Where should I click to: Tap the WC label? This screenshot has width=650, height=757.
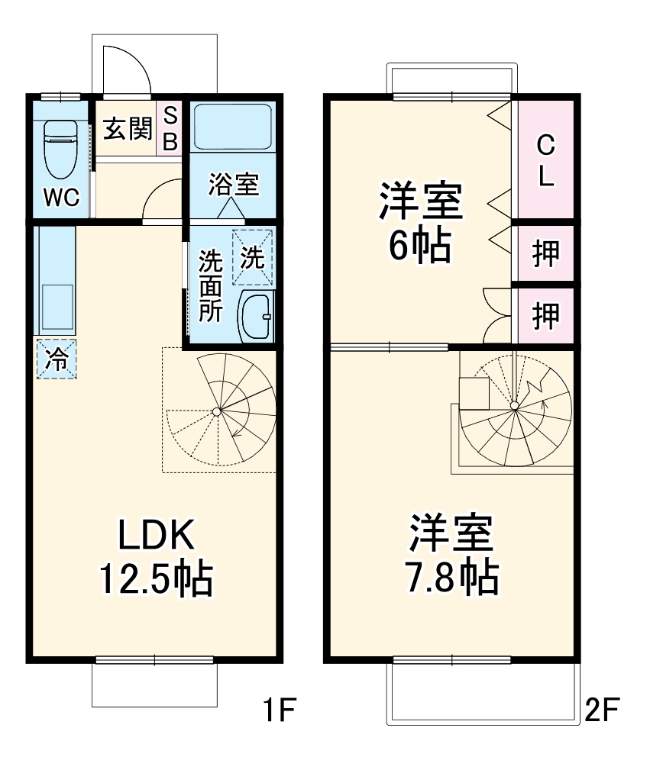click(x=60, y=198)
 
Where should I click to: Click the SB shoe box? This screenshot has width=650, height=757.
click(x=170, y=129)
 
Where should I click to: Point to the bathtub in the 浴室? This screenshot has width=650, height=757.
click(x=232, y=127)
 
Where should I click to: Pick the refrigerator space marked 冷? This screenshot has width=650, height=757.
click(x=56, y=358)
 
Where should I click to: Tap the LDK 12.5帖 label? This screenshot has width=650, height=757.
click(x=156, y=557)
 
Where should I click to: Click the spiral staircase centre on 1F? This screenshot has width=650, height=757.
click(x=217, y=412)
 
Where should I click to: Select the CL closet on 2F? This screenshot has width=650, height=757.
click(x=545, y=161)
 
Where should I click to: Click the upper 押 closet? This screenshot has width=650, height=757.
click(x=545, y=254)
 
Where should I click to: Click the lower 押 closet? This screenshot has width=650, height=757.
click(x=545, y=314)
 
